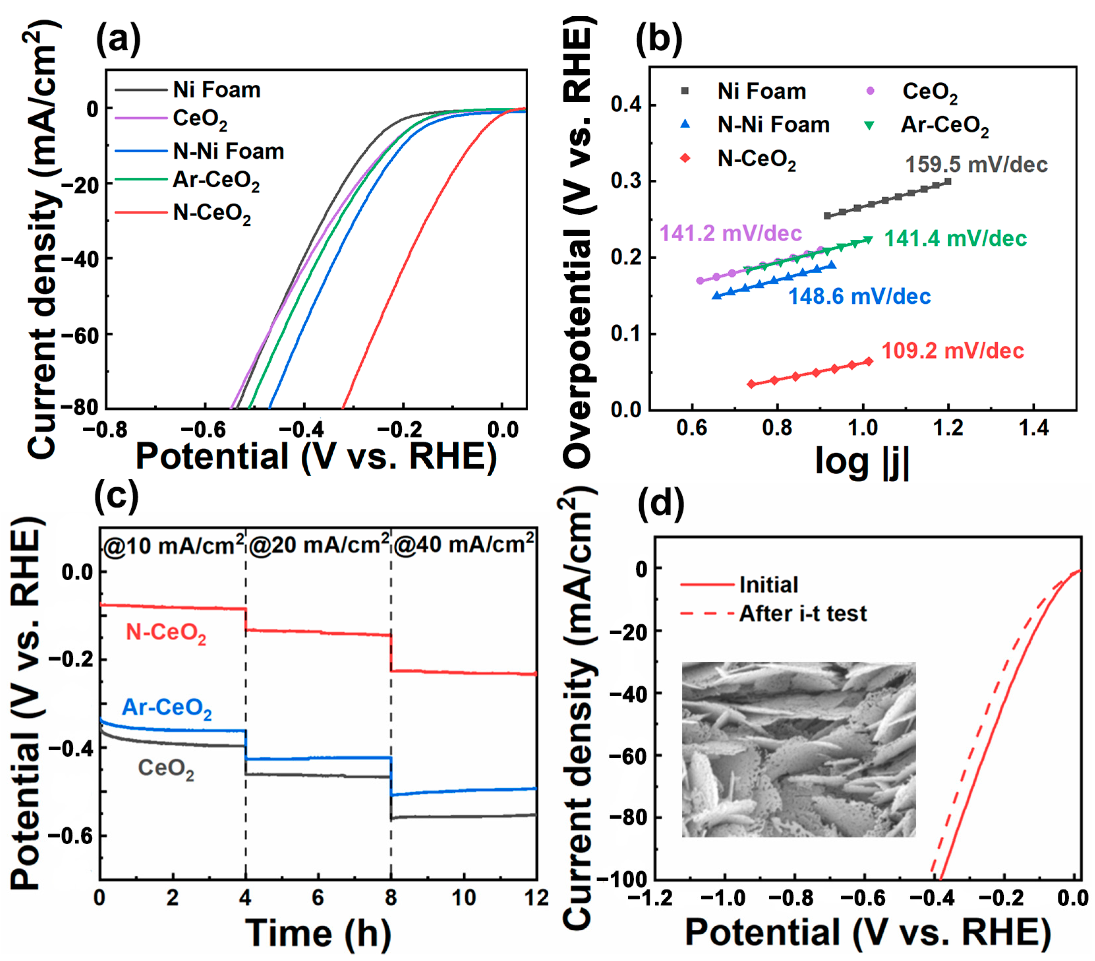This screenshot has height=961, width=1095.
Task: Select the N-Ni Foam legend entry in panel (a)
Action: (228, 152)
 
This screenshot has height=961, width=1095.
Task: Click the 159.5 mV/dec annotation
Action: (976, 165)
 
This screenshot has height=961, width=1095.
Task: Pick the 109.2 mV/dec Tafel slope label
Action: (953, 351)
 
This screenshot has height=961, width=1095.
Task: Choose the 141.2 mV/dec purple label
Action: (730, 233)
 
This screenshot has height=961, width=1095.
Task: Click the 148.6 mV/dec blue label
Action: (859, 296)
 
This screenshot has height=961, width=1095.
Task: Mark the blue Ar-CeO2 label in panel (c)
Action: (167, 708)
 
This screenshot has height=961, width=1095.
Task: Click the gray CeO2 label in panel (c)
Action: (166, 769)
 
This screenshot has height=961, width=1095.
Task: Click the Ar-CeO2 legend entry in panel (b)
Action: (944, 125)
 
